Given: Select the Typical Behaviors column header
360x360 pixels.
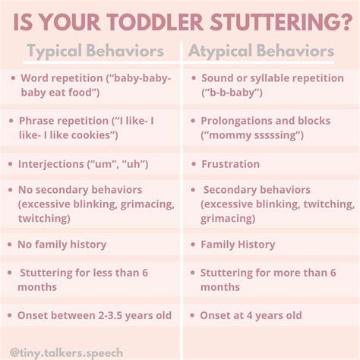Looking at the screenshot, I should [x=96, y=52].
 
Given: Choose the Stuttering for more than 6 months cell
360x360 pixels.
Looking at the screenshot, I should [x=262, y=279].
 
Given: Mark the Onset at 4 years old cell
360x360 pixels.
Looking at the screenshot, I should [x=251, y=315].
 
